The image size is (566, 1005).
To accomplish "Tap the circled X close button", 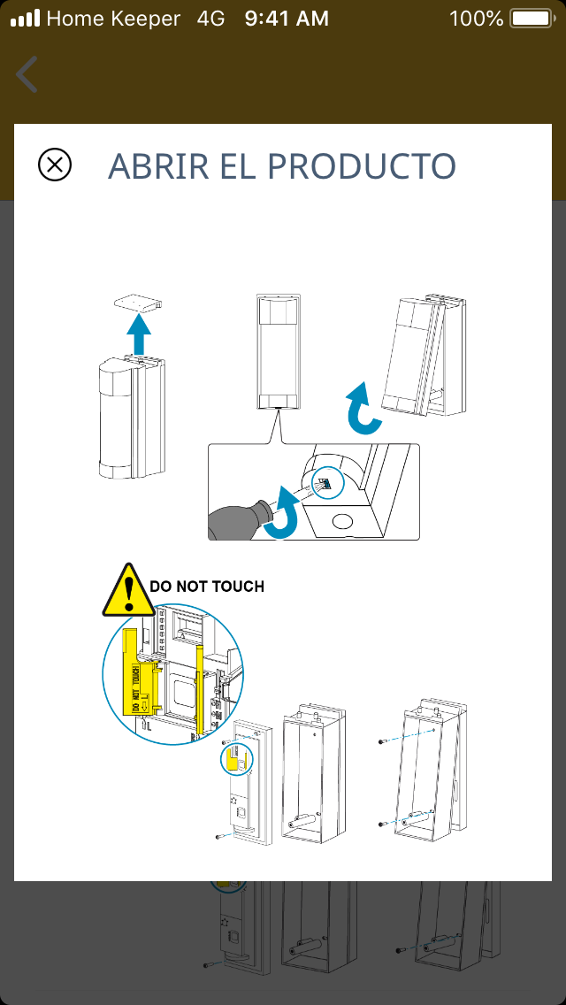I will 55,165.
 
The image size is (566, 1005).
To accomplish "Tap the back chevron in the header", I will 27,74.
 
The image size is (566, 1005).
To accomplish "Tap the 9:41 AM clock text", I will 287,18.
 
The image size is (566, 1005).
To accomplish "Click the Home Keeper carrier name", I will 113,18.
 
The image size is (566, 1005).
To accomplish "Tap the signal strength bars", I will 25,18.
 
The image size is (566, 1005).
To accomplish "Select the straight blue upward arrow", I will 137,334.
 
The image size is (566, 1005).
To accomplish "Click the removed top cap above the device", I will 140,303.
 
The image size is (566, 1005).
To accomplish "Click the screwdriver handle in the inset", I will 236,521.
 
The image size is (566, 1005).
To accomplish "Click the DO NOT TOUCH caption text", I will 207,586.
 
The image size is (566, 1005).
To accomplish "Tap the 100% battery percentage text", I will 476,18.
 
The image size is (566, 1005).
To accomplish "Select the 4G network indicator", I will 210,18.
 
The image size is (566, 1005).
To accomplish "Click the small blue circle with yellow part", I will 235,761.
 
